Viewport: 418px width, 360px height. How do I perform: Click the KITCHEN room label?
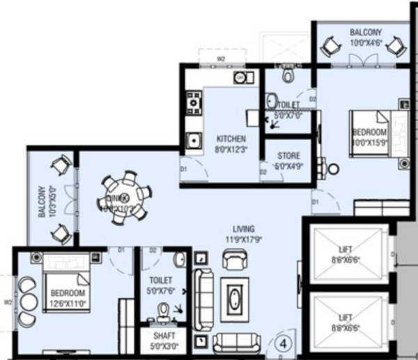pyautogui.click(x=231, y=139)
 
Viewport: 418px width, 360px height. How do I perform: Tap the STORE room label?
pyautogui.click(x=288, y=156)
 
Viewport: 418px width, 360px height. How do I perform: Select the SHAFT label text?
pyautogui.click(x=164, y=335)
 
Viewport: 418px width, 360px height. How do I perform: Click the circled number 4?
pyautogui.click(x=284, y=343)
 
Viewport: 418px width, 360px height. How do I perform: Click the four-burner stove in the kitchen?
pyautogui.click(x=193, y=104)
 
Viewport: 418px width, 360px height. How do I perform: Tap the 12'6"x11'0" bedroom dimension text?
pyautogui.click(x=67, y=303)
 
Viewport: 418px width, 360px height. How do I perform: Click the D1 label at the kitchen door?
pyautogui.click(x=184, y=169)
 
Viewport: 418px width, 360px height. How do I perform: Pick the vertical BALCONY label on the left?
pyautogui.click(x=42, y=203)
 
